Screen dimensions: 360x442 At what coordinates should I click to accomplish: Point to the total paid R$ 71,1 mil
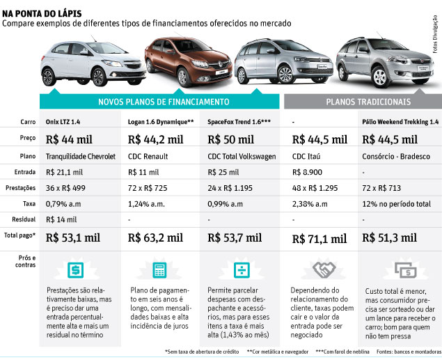tap(319, 238)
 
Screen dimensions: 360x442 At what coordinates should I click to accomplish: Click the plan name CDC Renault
tap(148, 155)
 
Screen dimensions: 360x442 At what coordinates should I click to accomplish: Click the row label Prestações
tap(19, 187)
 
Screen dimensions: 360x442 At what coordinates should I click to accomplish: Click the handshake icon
tap(320, 269)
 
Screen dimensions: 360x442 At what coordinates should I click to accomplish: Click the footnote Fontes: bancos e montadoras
tap(404, 352)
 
